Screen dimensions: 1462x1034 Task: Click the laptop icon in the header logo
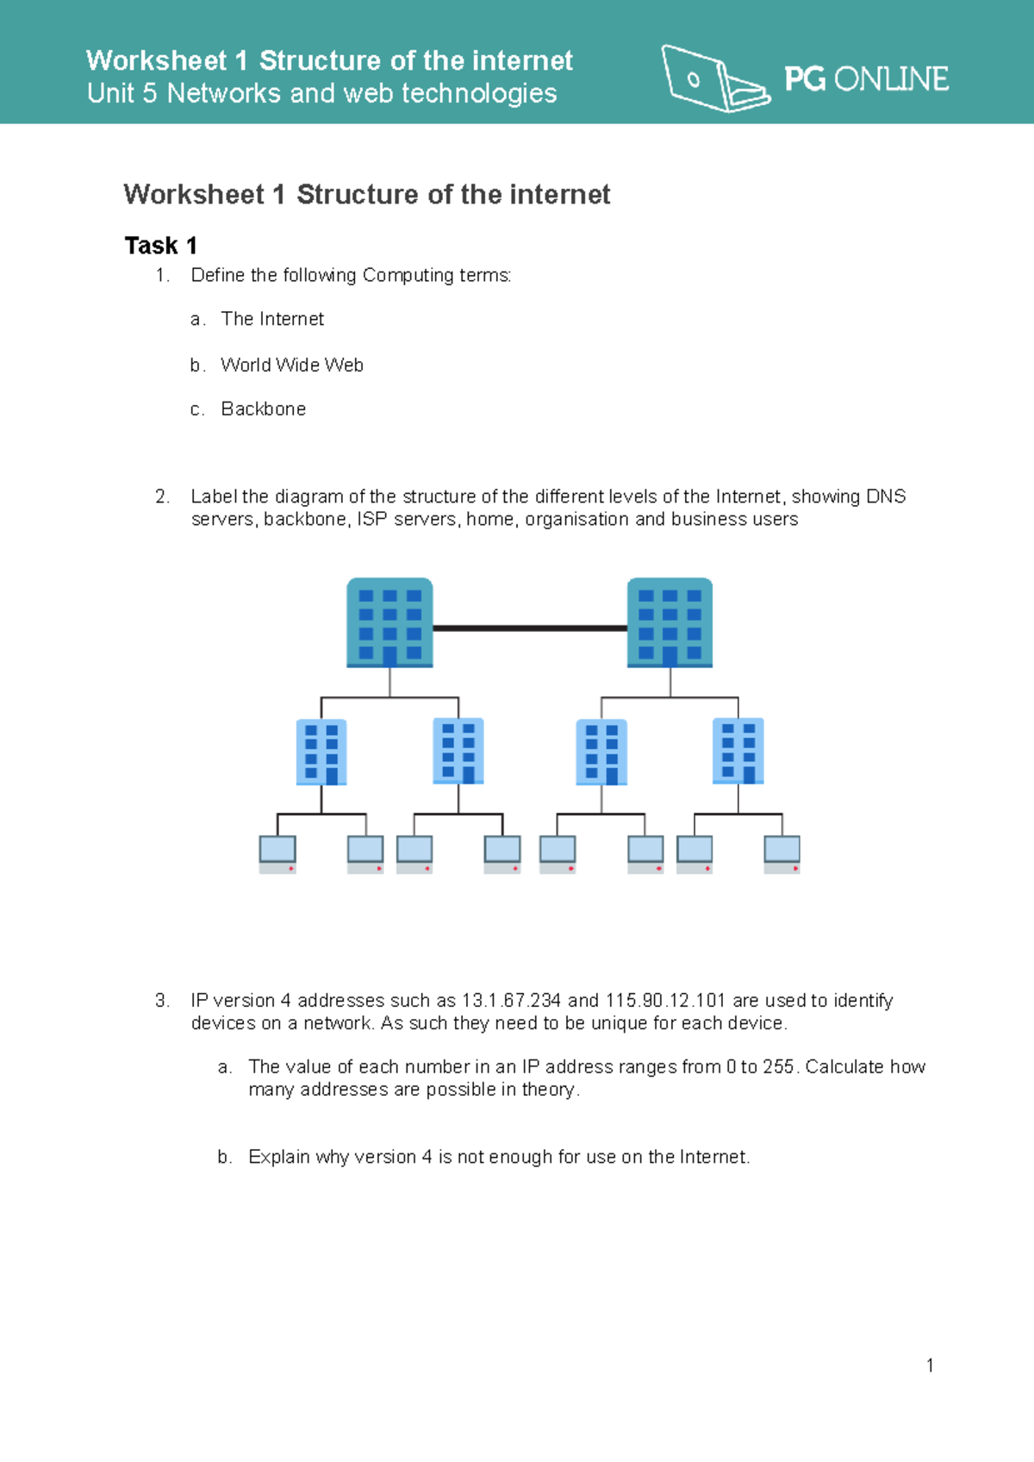(x=714, y=79)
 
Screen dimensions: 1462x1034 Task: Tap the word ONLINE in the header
(x=891, y=79)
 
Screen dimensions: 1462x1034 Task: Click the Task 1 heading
(x=161, y=246)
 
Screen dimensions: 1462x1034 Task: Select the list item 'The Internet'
(x=272, y=319)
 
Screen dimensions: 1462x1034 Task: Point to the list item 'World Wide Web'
(x=292, y=365)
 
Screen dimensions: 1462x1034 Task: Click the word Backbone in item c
(x=264, y=409)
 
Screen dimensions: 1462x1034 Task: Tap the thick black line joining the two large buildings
(x=530, y=628)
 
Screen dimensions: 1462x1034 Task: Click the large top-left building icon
(x=389, y=622)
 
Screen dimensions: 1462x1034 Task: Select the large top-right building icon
(x=670, y=622)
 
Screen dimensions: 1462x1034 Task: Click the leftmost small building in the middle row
(x=321, y=752)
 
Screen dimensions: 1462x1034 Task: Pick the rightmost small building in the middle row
(x=738, y=752)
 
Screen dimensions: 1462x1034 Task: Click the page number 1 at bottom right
(x=930, y=1365)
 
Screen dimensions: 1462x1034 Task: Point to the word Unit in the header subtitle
(x=110, y=93)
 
